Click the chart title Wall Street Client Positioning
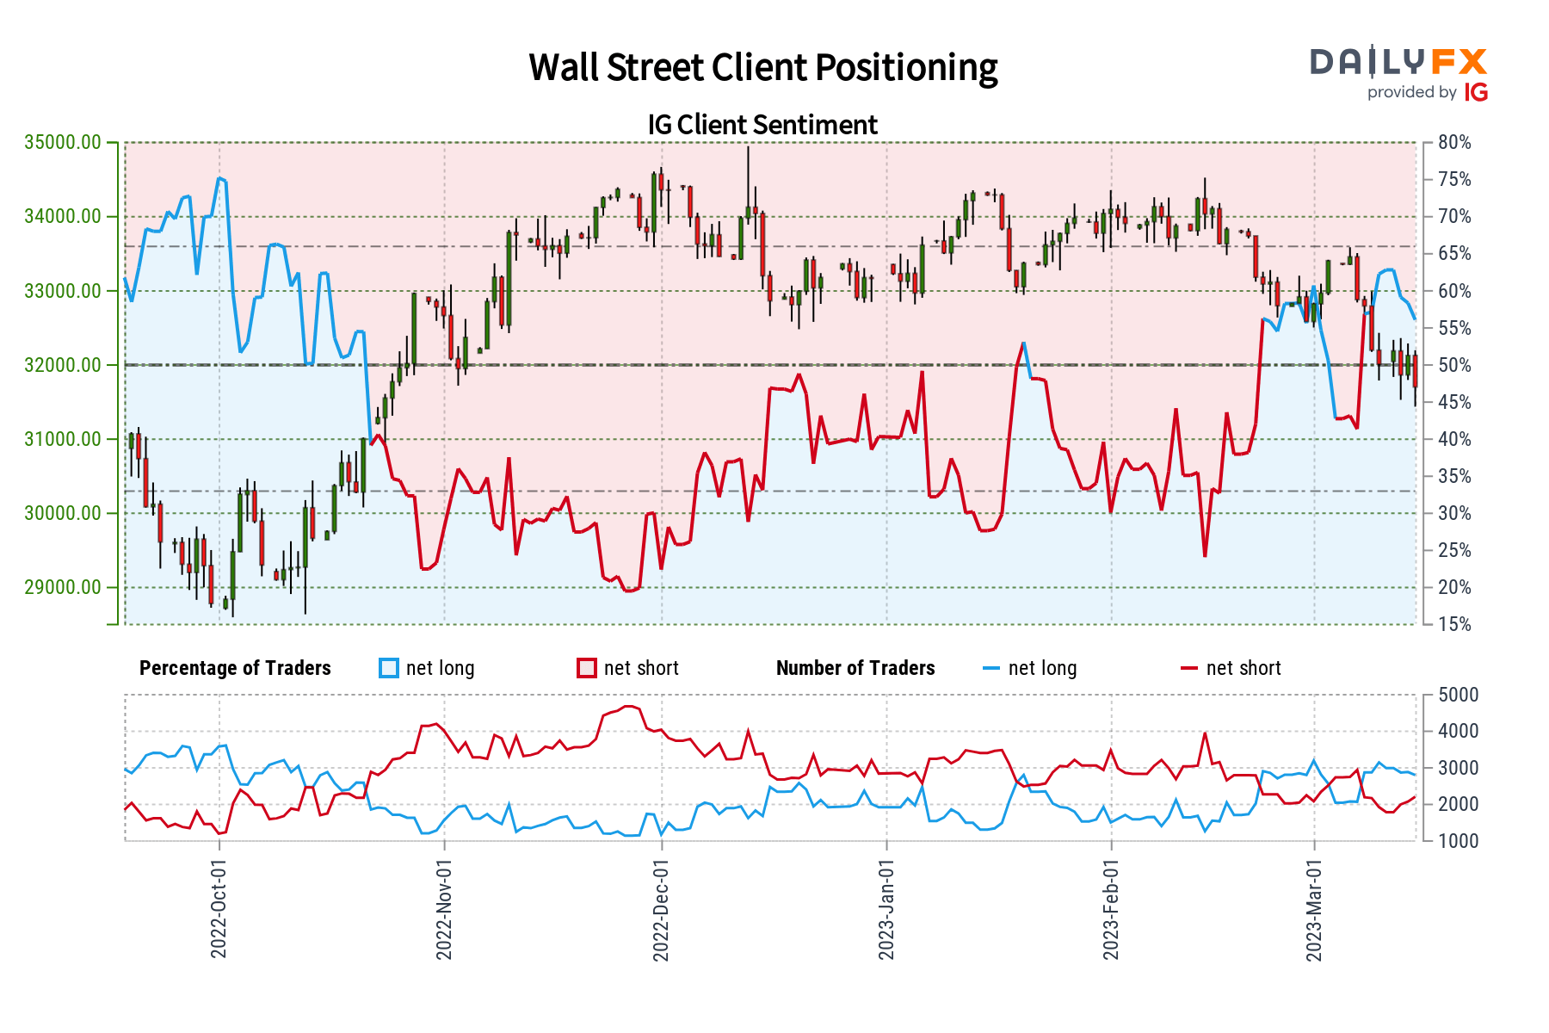(x=763, y=68)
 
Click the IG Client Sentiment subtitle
(x=762, y=125)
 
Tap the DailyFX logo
(x=1398, y=62)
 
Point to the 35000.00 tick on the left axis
(x=63, y=142)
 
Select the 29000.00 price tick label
(x=63, y=588)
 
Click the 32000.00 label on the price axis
(x=63, y=365)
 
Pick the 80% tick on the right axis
(x=1454, y=143)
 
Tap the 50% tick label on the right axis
(x=1454, y=365)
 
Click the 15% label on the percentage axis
(x=1454, y=625)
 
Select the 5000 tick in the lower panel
(x=1458, y=695)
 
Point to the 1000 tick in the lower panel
(x=1458, y=841)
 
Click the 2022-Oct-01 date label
(x=219, y=908)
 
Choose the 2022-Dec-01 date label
(x=661, y=908)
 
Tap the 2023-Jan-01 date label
(x=886, y=908)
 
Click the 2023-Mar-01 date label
(x=1314, y=908)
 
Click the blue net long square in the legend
(x=389, y=669)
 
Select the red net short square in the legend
(x=587, y=669)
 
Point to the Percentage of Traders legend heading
(x=235, y=669)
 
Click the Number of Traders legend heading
(x=855, y=669)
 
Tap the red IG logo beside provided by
(x=1476, y=92)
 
